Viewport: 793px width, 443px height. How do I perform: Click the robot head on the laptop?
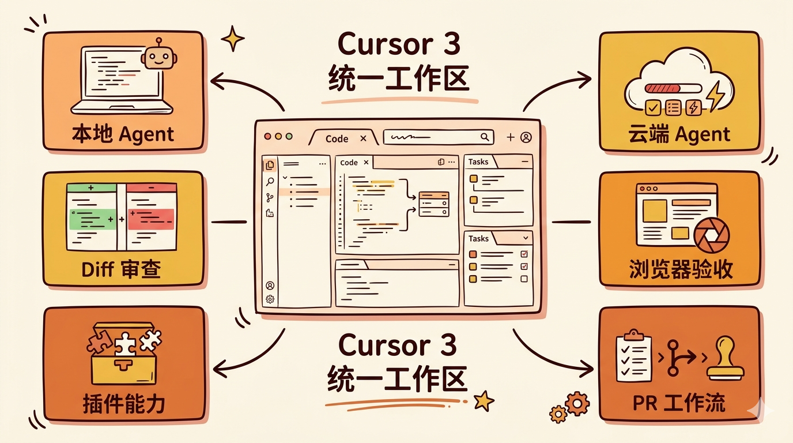tap(158, 58)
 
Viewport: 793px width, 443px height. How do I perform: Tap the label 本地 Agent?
tap(123, 134)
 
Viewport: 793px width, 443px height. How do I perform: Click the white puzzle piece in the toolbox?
tap(125, 344)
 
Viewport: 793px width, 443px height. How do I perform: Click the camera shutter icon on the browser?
tap(711, 236)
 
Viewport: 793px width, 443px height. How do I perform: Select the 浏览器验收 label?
tap(681, 269)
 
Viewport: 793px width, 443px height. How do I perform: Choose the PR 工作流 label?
tap(681, 402)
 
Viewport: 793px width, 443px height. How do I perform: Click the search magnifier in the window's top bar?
tap(485, 137)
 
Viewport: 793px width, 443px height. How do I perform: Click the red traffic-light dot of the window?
tap(267, 137)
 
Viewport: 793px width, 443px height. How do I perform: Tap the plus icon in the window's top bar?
tap(510, 137)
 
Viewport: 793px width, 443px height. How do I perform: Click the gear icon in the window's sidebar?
tap(270, 299)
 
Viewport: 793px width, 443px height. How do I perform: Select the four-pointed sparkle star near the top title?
tap(233, 38)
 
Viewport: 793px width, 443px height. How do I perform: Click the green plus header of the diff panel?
tap(91, 188)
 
